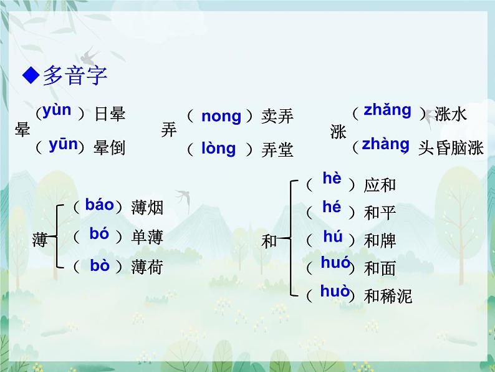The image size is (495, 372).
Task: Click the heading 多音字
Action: pyautogui.click(x=75, y=76)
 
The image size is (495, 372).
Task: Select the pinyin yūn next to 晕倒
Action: pyautogui.click(x=63, y=145)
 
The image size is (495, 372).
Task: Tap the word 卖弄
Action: pyautogui.click(x=277, y=116)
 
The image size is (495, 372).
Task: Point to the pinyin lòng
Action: pyautogui.click(x=218, y=149)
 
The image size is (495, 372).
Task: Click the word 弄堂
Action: pyautogui.click(x=277, y=150)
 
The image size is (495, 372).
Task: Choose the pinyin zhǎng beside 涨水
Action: pyautogui.click(x=387, y=110)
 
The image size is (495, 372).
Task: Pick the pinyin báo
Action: pyautogui.click(x=100, y=204)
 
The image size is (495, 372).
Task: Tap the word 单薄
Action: pyautogui.click(x=147, y=237)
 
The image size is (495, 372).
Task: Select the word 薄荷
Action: pyautogui.click(x=147, y=267)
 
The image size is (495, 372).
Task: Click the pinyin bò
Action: pyautogui.click(x=99, y=265)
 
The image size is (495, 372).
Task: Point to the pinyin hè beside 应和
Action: pyautogui.click(x=332, y=179)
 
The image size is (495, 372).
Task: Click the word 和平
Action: pyautogui.click(x=380, y=213)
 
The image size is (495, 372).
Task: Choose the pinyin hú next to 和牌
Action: pyautogui.click(x=333, y=236)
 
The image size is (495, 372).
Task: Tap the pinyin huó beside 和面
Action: pyautogui.click(x=335, y=263)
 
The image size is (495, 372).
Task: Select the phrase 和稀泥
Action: pyautogui.click(x=388, y=296)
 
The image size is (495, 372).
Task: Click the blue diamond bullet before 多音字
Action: pyautogui.click(x=30, y=76)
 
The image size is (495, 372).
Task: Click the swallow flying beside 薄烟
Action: pyautogui.click(x=183, y=196)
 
